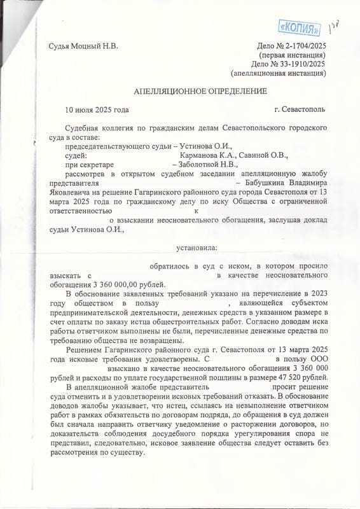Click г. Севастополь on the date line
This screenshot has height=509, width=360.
coord(299,109)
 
